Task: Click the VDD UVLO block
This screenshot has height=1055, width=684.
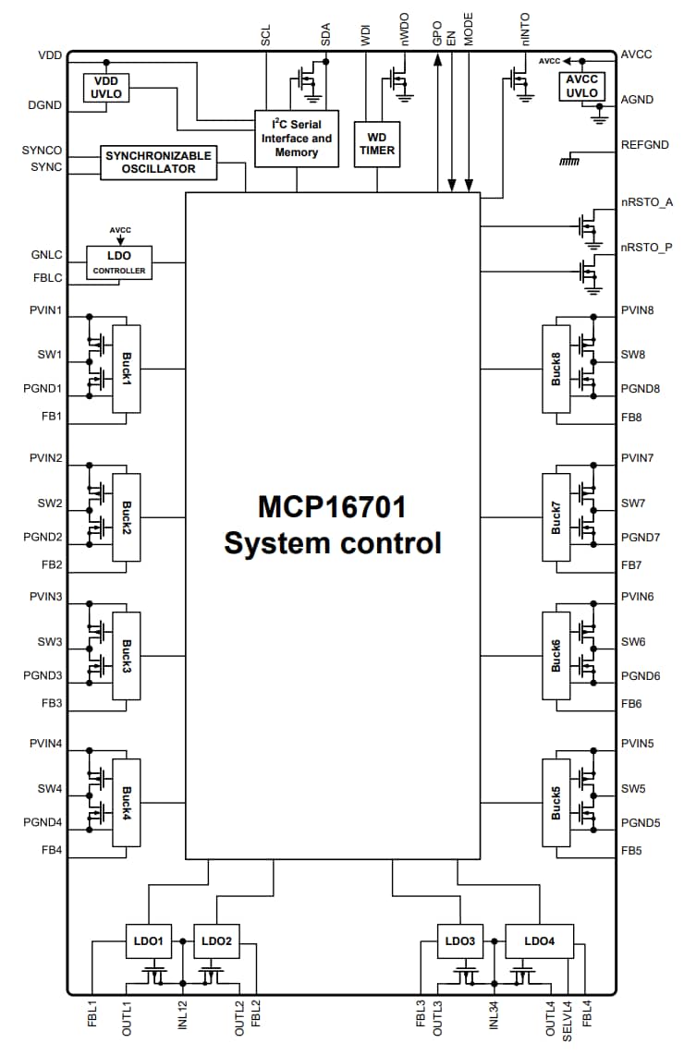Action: (107, 88)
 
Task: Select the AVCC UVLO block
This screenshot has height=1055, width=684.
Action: (582, 87)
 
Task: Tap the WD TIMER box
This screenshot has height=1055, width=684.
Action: (377, 143)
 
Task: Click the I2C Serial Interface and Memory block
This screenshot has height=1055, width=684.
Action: (296, 139)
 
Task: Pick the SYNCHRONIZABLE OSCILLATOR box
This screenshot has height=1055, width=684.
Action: (158, 163)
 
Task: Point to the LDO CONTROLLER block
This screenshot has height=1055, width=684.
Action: (118, 262)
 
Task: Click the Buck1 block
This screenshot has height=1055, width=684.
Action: (126, 369)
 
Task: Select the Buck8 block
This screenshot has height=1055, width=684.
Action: (556, 369)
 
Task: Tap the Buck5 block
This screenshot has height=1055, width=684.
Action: (556, 803)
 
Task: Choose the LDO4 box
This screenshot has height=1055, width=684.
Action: (539, 941)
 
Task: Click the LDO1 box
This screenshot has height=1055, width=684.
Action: (148, 941)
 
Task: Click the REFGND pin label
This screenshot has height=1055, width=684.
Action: (643, 145)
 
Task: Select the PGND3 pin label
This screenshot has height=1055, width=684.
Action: (43, 676)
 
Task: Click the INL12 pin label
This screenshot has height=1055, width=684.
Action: (183, 1016)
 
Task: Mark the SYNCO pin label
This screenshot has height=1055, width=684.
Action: (42, 150)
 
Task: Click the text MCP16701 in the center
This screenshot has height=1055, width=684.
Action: (332, 507)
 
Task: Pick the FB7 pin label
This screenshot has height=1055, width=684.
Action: (632, 564)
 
